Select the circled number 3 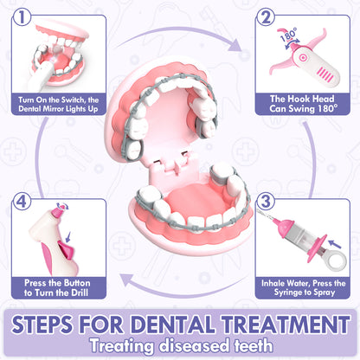pos(266,201)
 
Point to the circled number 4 pos(22,201)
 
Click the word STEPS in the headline pos(42,325)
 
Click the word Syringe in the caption pos(290,292)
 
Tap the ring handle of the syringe pos(336,260)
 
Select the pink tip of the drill pos(57,214)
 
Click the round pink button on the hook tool pos(302,57)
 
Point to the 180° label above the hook pos(288,35)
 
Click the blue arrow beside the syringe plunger pos(335,244)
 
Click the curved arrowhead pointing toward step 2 pos(236,45)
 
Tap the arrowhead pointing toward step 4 pos(127,280)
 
